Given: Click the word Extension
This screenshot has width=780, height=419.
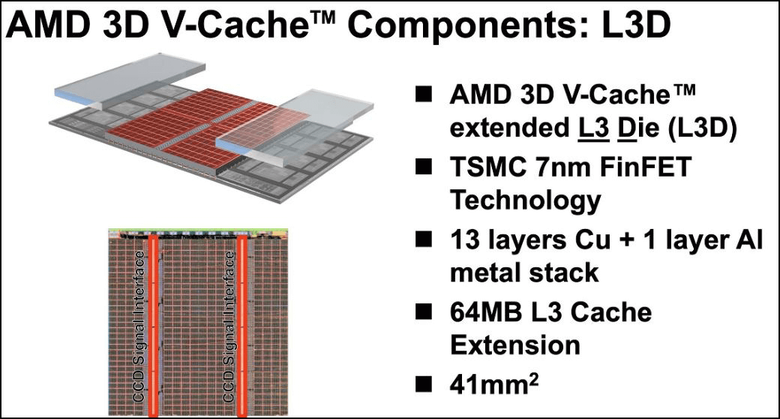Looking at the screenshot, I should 514,345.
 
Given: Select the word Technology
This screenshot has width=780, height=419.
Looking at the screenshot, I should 525,200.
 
